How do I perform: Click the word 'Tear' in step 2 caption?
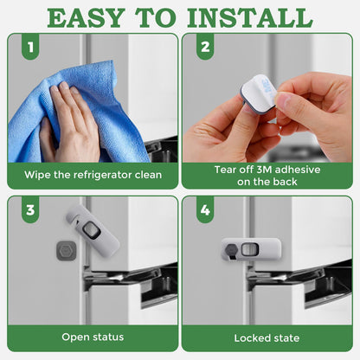coord(226,170)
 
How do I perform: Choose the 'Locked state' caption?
coord(267,337)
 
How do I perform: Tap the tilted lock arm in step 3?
coord(93,232)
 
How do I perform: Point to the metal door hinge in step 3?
coord(121,281)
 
